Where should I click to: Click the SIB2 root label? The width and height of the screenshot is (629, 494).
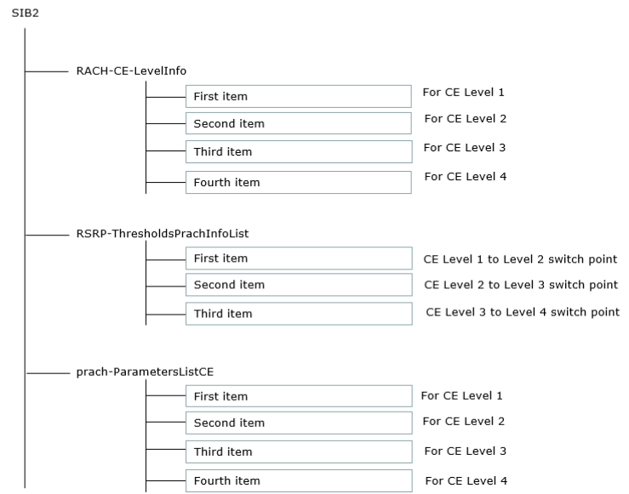tap(26, 14)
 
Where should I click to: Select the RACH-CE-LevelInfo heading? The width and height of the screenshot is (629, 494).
tap(131, 71)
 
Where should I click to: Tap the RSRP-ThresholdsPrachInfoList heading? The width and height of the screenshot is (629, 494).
tap(163, 234)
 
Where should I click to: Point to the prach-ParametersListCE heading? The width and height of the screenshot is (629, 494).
tap(145, 372)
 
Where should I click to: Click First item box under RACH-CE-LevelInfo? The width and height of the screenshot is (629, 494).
tap(299, 97)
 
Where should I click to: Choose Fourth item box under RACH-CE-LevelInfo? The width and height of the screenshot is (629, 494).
tap(299, 182)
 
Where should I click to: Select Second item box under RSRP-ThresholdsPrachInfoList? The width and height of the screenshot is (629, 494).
tap(299, 285)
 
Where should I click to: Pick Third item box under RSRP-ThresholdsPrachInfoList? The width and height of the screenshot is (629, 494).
tap(299, 314)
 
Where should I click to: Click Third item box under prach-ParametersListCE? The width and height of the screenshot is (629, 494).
tap(299, 452)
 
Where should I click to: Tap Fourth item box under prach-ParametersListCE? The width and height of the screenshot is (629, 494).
tap(299, 480)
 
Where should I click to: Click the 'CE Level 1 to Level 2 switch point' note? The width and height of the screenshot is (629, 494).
tap(520, 259)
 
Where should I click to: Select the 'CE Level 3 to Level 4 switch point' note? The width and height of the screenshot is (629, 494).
tap(523, 312)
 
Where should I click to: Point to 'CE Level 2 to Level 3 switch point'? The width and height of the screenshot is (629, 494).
tap(521, 285)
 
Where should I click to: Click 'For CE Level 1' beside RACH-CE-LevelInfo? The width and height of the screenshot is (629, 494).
tap(463, 92)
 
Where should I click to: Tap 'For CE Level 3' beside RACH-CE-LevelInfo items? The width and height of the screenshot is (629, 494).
tap(465, 147)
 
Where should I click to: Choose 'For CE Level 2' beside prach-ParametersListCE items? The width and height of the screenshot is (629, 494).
tap(464, 421)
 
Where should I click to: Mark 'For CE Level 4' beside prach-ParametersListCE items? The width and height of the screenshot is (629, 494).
tap(466, 480)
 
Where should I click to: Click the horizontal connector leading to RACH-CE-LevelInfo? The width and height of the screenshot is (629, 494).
tap(47, 71)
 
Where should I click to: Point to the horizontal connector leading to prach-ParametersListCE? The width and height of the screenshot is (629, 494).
tap(49, 373)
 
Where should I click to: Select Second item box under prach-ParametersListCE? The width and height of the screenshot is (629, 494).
tap(299, 423)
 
